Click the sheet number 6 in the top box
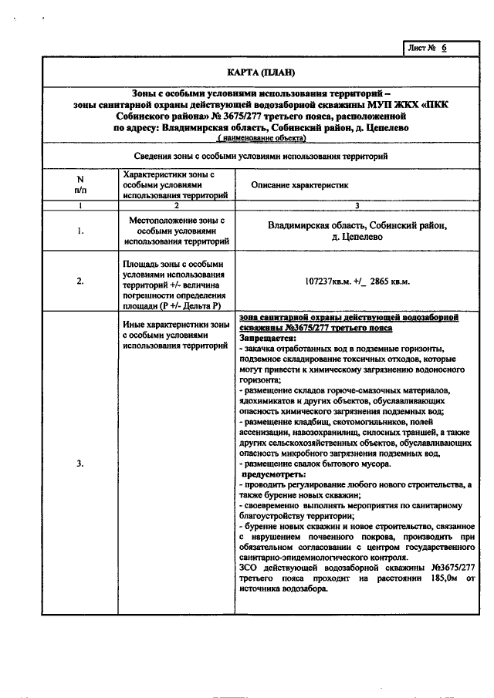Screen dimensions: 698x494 point(445,48)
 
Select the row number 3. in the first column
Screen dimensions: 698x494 point(80,464)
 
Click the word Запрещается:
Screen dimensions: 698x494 point(267,338)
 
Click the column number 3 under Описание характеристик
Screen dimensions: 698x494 point(357,206)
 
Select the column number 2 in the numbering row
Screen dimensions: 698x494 point(176,206)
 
